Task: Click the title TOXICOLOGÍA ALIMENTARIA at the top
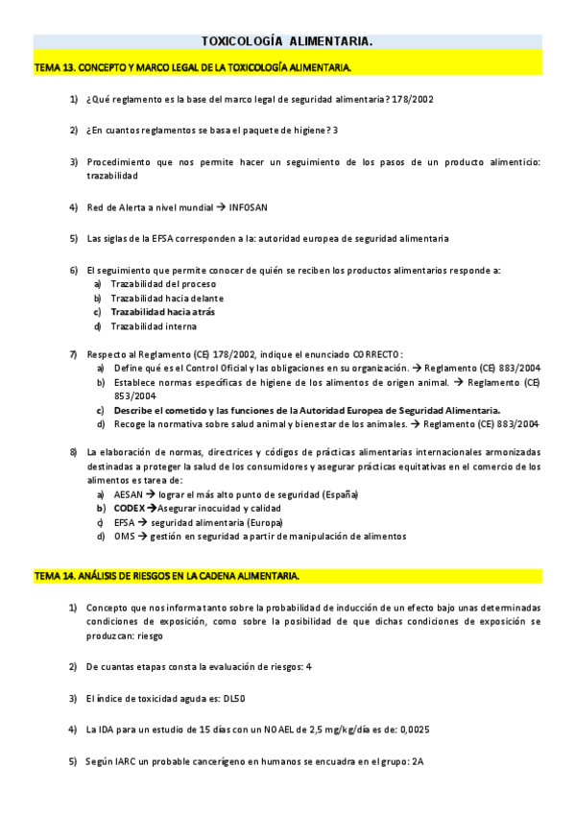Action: tap(286, 41)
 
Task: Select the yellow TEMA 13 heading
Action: tap(192, 67)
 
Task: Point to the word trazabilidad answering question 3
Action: tap(111, 176)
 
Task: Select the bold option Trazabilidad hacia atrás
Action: tap(162, 312)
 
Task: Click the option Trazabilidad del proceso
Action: tap(163, 284)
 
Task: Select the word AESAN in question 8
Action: tap(127, 493)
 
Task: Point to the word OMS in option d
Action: tap(123, 536)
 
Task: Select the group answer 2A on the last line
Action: tap(418, 761)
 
